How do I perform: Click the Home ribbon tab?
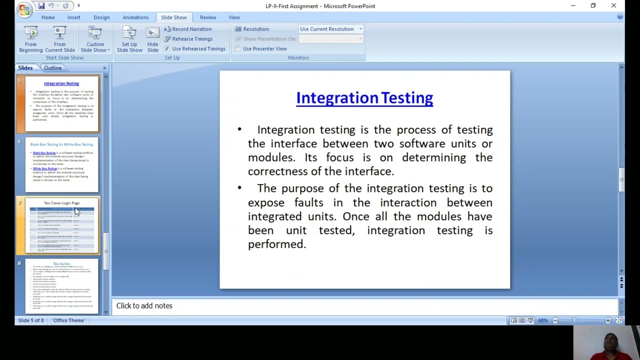(48, 17)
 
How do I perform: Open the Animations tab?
(135, 17)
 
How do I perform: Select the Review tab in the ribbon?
(208, 17)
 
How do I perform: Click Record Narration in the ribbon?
(188, 29)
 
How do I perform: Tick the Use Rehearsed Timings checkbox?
(167, 49)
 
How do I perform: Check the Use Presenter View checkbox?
(237, 49)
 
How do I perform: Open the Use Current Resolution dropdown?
(330, 29)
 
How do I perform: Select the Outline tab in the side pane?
(52, 68)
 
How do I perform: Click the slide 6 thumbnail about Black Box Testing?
(61, 165)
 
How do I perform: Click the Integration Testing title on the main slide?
(364, 98)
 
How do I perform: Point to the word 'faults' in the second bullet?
(308, 202)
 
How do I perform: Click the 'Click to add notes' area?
(144, 306)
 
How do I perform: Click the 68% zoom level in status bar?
(542, 320)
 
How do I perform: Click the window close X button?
(613, 6)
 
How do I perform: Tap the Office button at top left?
(23, 9)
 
